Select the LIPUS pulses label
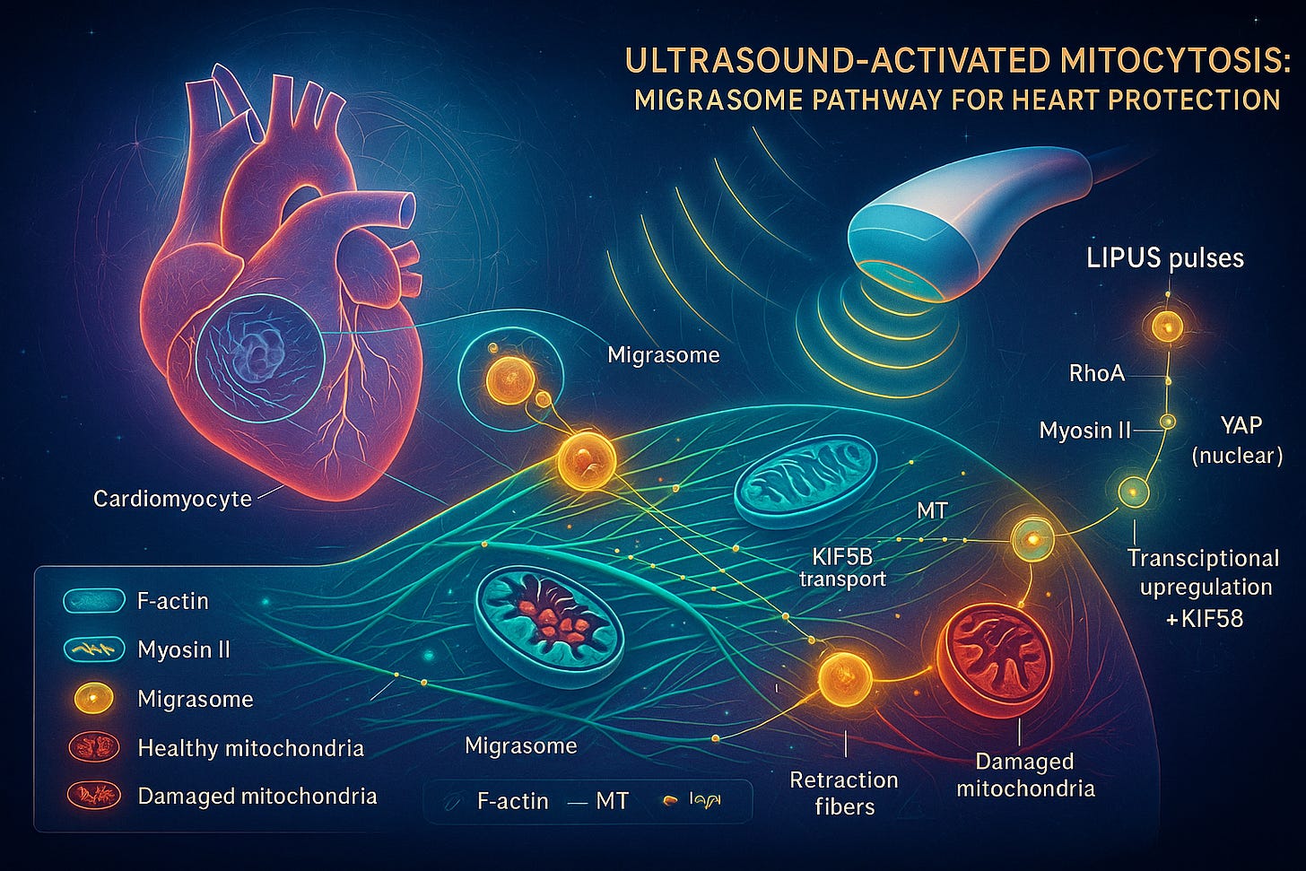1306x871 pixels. click(x=1164, y=258)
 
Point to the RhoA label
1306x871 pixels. click(x=1096, y=373)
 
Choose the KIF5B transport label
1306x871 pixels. click(x=841, y=567)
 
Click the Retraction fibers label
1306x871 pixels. click(x=843, y=793)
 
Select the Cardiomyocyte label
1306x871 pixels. click(x=172, y=499)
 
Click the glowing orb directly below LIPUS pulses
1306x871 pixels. click(x=1167, y=327)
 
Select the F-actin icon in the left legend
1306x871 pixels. click(x=93, y=601)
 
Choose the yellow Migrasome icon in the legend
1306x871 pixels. click(x=93, y=699)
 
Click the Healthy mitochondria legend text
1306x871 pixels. click(x=250, y=748)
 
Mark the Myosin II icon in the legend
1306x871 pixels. click(x=93, y=649)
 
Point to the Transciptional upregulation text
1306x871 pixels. click(x=1204, y=572)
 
